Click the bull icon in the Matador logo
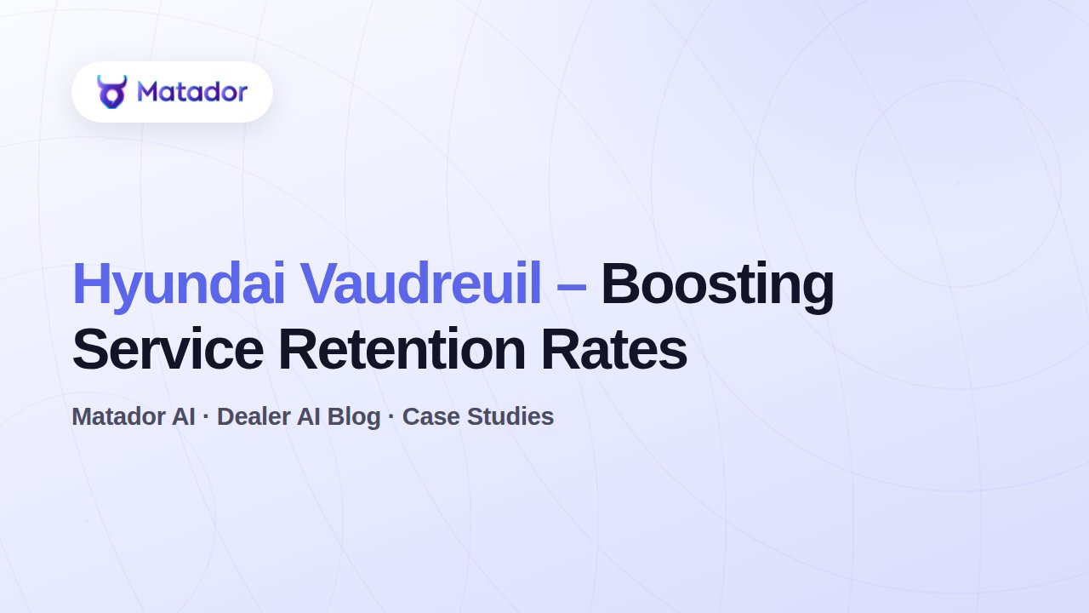tap(111, 92)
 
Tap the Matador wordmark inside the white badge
tap(192, 91)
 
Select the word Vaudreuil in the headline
tap(420, 284)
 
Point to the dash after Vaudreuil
tap(571, 288)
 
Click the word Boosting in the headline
tap(718, 286)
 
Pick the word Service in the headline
tap(168, 349)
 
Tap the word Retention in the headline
tap(402, 349)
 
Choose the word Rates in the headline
tap(614, 349)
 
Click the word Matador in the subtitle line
tap(118, 416)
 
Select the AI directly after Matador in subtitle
tap(183, 416)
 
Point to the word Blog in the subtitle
tap(354, 418)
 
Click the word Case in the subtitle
tap(431, 416)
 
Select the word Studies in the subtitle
tap(510, 416)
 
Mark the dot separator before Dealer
tap(206, 416)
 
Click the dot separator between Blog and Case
tap(391, 416)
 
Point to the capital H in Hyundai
tap(90, 284)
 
